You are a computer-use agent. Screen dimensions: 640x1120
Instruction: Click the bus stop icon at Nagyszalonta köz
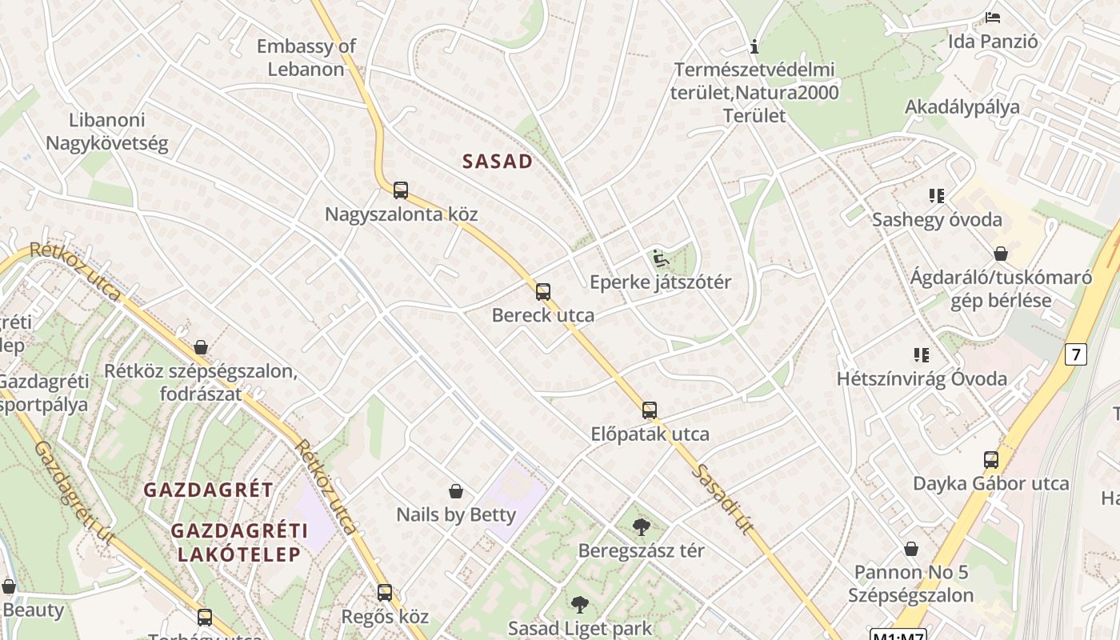401,190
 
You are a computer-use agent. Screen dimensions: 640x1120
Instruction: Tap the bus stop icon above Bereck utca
543,292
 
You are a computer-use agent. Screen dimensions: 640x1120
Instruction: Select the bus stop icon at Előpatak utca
650,410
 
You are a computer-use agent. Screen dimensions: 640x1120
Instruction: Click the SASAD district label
498,162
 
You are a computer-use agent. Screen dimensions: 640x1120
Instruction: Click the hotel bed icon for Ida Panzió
993,17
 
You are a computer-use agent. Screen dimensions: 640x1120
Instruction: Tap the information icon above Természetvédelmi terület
754,46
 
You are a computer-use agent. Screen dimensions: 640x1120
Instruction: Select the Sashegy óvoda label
937,219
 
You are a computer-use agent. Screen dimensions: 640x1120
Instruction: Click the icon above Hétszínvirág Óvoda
922,354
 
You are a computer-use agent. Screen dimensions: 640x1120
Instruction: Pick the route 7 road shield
1076,354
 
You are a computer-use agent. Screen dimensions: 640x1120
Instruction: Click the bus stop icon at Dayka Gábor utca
991,460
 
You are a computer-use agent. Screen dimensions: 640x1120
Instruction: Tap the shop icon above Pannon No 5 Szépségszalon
911,549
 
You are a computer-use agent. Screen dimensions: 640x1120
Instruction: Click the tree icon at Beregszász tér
641,526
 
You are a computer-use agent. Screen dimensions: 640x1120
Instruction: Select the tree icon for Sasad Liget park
580,604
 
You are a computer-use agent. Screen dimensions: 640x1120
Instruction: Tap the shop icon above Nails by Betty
456,490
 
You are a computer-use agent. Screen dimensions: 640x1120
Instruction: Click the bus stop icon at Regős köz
385,593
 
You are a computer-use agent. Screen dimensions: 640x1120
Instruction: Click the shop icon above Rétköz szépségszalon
201,347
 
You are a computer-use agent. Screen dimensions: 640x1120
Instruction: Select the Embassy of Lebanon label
306,58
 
